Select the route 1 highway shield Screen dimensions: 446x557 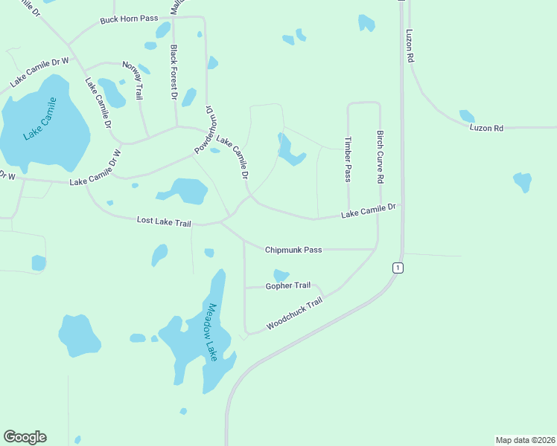point(398,268)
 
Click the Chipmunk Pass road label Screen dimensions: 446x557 point(293,250)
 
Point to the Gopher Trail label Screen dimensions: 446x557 point(288,285)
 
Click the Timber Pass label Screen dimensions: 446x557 point(347,158)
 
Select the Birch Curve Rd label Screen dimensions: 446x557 point(380,158)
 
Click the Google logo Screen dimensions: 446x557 point(25,437)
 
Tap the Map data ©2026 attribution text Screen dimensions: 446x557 point(526,439)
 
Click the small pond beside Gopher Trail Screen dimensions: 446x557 point(281,275)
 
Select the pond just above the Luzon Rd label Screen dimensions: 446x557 point(467,116)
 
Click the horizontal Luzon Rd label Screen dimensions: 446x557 point(486,128)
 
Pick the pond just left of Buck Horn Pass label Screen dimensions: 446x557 point(162,30)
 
